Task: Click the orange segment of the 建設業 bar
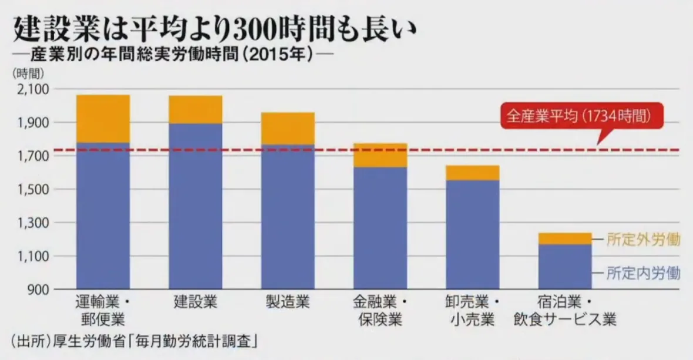coord(196,109)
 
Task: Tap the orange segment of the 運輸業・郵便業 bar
coord(103,118)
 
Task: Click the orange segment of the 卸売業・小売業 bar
coord(473,173)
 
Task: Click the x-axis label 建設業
coord(196,304)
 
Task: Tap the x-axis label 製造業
coord(288,304)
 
